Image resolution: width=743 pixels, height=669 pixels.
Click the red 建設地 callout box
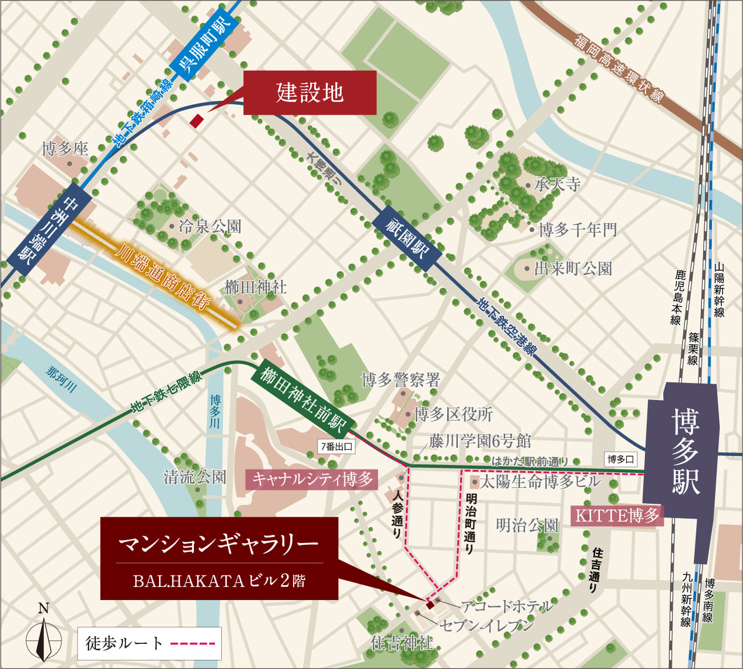(x=310, y=92)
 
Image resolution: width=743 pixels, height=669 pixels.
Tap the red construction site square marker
(x=196, y=121)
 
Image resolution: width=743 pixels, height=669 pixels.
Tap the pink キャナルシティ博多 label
(x=312, y=479)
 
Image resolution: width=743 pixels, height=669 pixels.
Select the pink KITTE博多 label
(x=617, y=516)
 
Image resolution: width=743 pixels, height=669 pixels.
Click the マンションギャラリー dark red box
(x=219, y=558)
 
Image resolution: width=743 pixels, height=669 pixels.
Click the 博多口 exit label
(x=620, y=459)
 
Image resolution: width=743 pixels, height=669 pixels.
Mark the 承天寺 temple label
(x=557, y=184)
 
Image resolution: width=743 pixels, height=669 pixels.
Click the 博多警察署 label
(x=401, y=379)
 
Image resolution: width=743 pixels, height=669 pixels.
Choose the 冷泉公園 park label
(x=209, y=227)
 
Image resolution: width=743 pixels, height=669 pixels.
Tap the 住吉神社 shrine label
(x=402, y=643)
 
